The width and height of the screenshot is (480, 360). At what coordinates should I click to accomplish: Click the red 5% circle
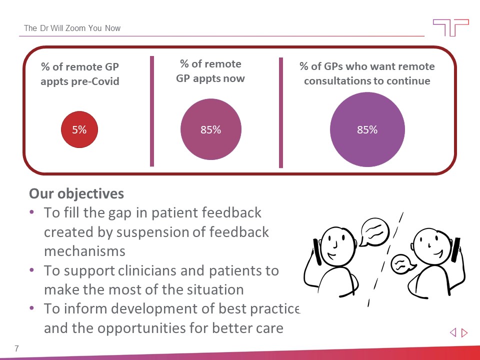click(79, 129)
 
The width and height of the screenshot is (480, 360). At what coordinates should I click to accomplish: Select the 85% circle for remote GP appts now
click(210, 129)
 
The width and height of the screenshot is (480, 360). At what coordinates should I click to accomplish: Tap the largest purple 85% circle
click(367, 129)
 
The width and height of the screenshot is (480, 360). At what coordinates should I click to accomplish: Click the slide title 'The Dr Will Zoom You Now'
click(72, 28)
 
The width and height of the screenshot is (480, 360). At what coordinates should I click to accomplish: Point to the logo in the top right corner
click(450, 27)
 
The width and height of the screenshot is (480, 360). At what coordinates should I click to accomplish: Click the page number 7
click(17, 348)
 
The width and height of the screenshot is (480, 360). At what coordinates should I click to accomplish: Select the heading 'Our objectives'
click(76, 193)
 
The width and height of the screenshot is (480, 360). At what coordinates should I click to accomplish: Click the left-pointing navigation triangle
click(453, 332)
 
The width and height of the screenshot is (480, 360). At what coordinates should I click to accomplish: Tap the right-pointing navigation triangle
click(464, 332)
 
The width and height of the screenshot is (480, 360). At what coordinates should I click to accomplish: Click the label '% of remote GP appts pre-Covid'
click(80, 73)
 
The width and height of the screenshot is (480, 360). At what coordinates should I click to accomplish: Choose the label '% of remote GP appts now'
click(210, 71)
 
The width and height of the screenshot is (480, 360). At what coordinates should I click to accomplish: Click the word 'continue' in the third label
click(411, 81)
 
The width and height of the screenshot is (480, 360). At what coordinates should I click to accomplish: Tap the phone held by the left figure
click(316, 252)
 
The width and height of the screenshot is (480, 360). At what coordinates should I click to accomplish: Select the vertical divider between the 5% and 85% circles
click(152, 111)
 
